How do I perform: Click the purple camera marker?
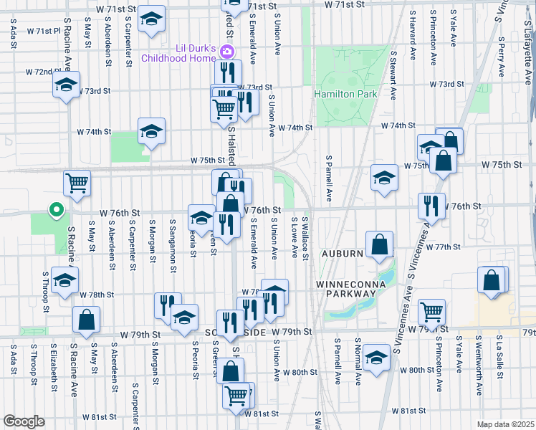tap(227, 51)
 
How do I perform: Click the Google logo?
tap(24, 421)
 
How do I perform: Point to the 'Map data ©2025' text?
tap(505, 424)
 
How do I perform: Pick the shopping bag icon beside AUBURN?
tap(379, 244)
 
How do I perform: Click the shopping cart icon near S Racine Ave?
tap(77, 182)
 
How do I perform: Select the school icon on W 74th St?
tap(150, 131)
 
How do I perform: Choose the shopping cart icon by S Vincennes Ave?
tap(432, 312)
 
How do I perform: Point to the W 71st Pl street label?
tap(44, 31)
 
